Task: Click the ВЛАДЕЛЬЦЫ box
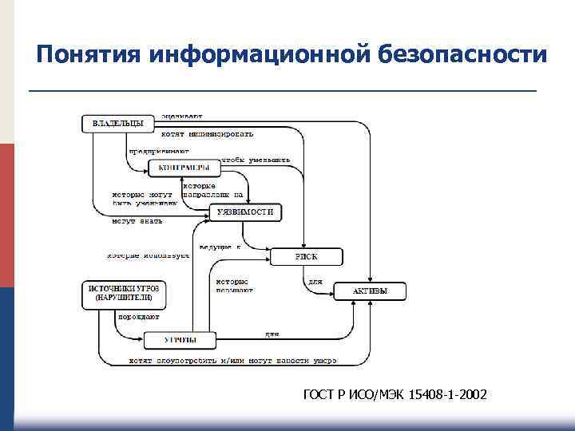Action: (118, 125)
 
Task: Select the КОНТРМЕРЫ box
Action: (184, 168)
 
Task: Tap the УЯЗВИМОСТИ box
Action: (247, 212)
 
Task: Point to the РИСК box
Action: (306, 257)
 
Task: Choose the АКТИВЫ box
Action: (370, 292)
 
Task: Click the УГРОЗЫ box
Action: (180, 341)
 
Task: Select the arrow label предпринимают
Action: (159, 149)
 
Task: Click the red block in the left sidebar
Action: (7, 215)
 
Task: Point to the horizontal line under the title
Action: (283, 92)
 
